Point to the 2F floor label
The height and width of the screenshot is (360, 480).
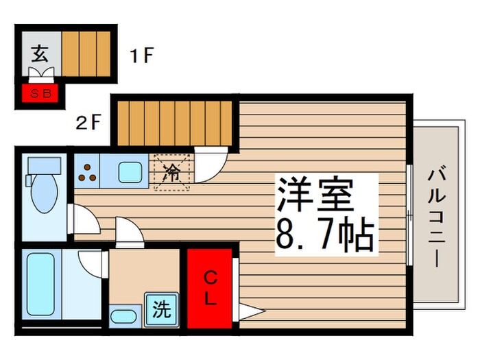coord(89,124)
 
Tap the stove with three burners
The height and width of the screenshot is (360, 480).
coord(87,173)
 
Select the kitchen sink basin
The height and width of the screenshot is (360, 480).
coord(130,172)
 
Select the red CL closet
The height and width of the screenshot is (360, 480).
coord(210,288)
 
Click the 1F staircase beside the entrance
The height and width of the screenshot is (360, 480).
coord(86,55)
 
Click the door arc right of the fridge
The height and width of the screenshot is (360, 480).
coord(209,168)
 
